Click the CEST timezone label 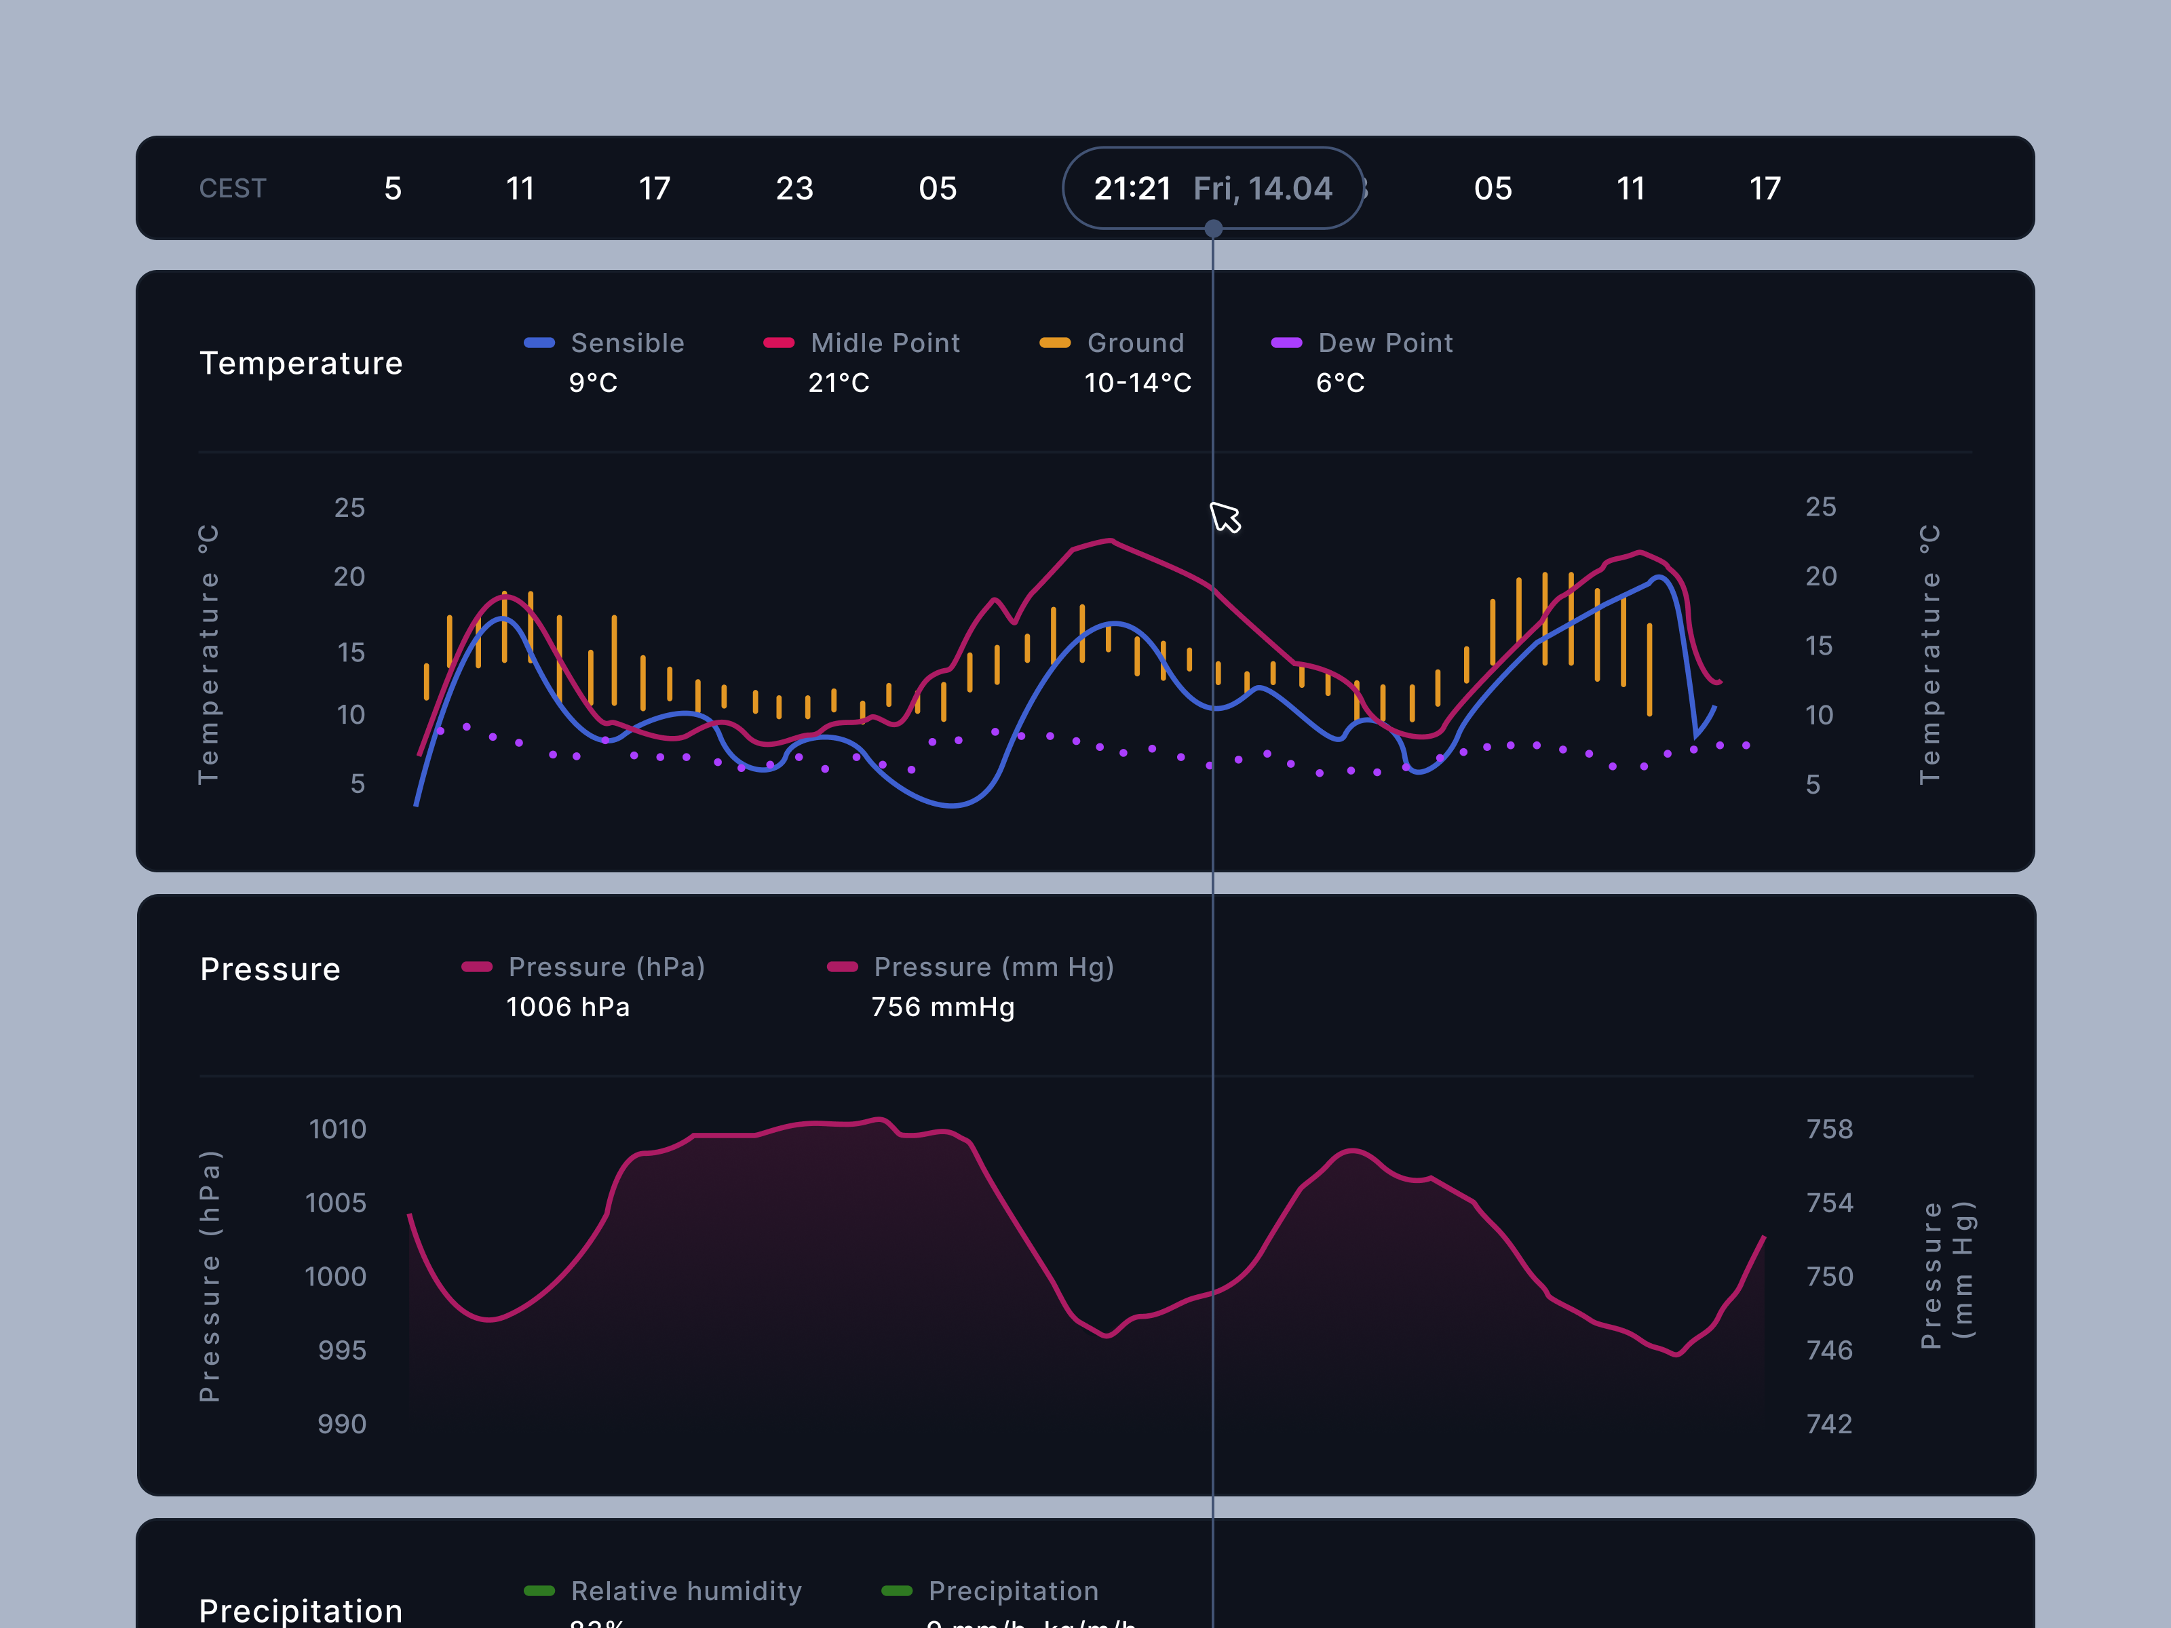click(x=233, y=189)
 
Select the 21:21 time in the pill click(x=1132, y=189)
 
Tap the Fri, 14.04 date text click(x=1262, y=189)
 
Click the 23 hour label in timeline click(x=794, y=189)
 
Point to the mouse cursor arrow click(x=1224, y=517)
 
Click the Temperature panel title click(x=301, y=363)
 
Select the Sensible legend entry click(x=626, y=343)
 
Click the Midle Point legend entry click(x=884, y=343)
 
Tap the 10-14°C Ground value click(x=1138, y=383)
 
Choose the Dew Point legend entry click(x=1384, y=343)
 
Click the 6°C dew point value click(x=1340, y=383)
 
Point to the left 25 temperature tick click(x=349, y=507)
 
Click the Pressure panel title click(x=270, y=969)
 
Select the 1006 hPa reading click(x=567, y=1007)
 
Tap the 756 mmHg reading click(x=942, y=1007)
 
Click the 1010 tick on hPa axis click(x=338, y=1129)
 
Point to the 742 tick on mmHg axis click(x=1830, y=1424)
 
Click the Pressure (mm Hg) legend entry click(x=993, y=967)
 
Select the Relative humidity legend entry click(x=685, y=1591)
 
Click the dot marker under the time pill click(x=1213, y=229)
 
